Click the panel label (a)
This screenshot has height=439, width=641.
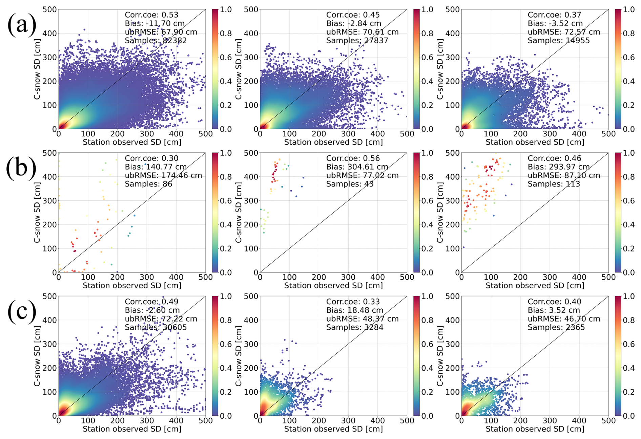(x=22, y=25)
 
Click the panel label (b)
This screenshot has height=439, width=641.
(x=21, y=168)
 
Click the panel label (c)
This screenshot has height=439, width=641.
(x=22, y=311)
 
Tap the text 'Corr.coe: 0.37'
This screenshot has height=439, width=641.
(x=554, y=15)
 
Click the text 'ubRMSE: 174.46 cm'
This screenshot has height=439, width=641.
(x=163, y=176)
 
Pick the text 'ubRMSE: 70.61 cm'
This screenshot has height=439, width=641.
(x=362, y=32)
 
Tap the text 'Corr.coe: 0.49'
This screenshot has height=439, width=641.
(x=151, y=302)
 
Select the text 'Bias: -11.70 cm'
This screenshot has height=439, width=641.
(x=154, y=24)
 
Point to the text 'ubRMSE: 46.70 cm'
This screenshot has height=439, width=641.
(x=564, y=319)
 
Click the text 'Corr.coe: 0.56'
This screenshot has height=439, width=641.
(x=353, y=158)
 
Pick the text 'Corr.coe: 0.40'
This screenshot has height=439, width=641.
(x=554, y=302)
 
